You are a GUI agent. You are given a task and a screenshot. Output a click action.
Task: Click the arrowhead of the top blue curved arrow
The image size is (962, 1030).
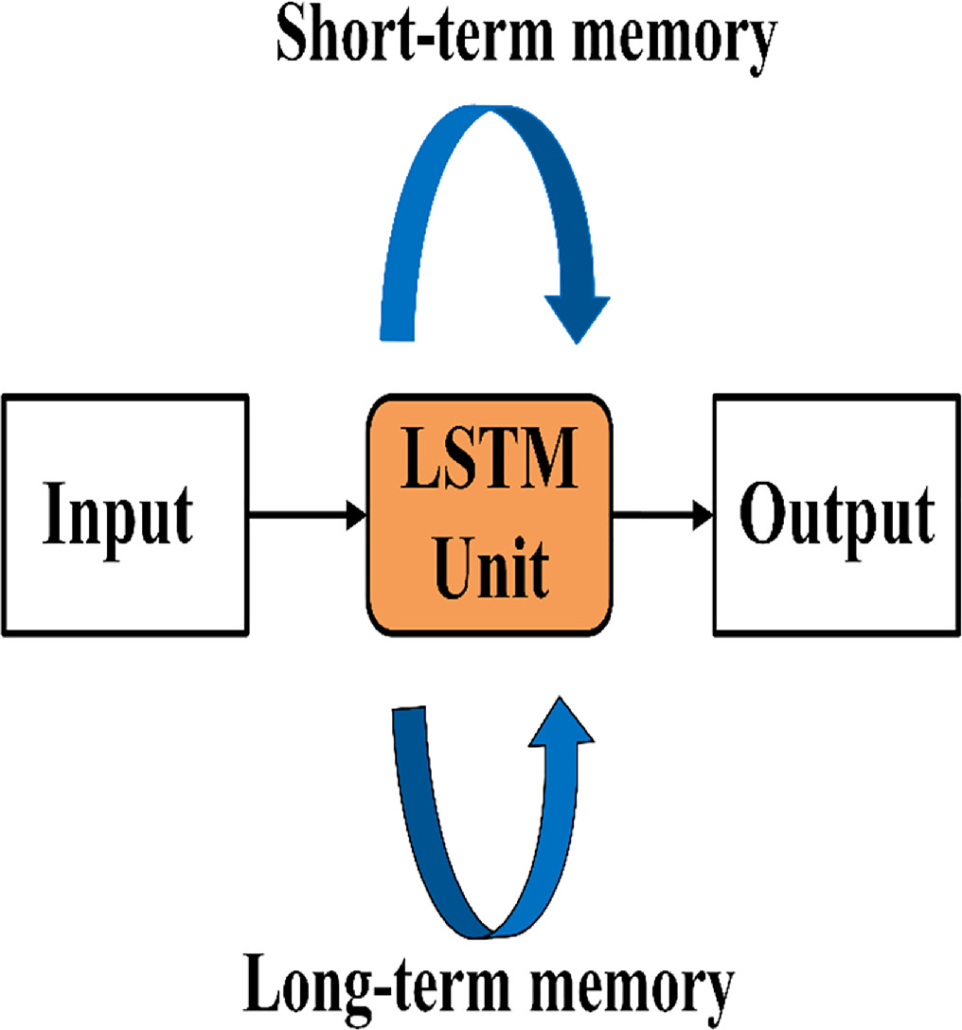(572, 317)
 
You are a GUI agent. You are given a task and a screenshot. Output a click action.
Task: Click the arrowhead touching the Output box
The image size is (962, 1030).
(703, 516)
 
